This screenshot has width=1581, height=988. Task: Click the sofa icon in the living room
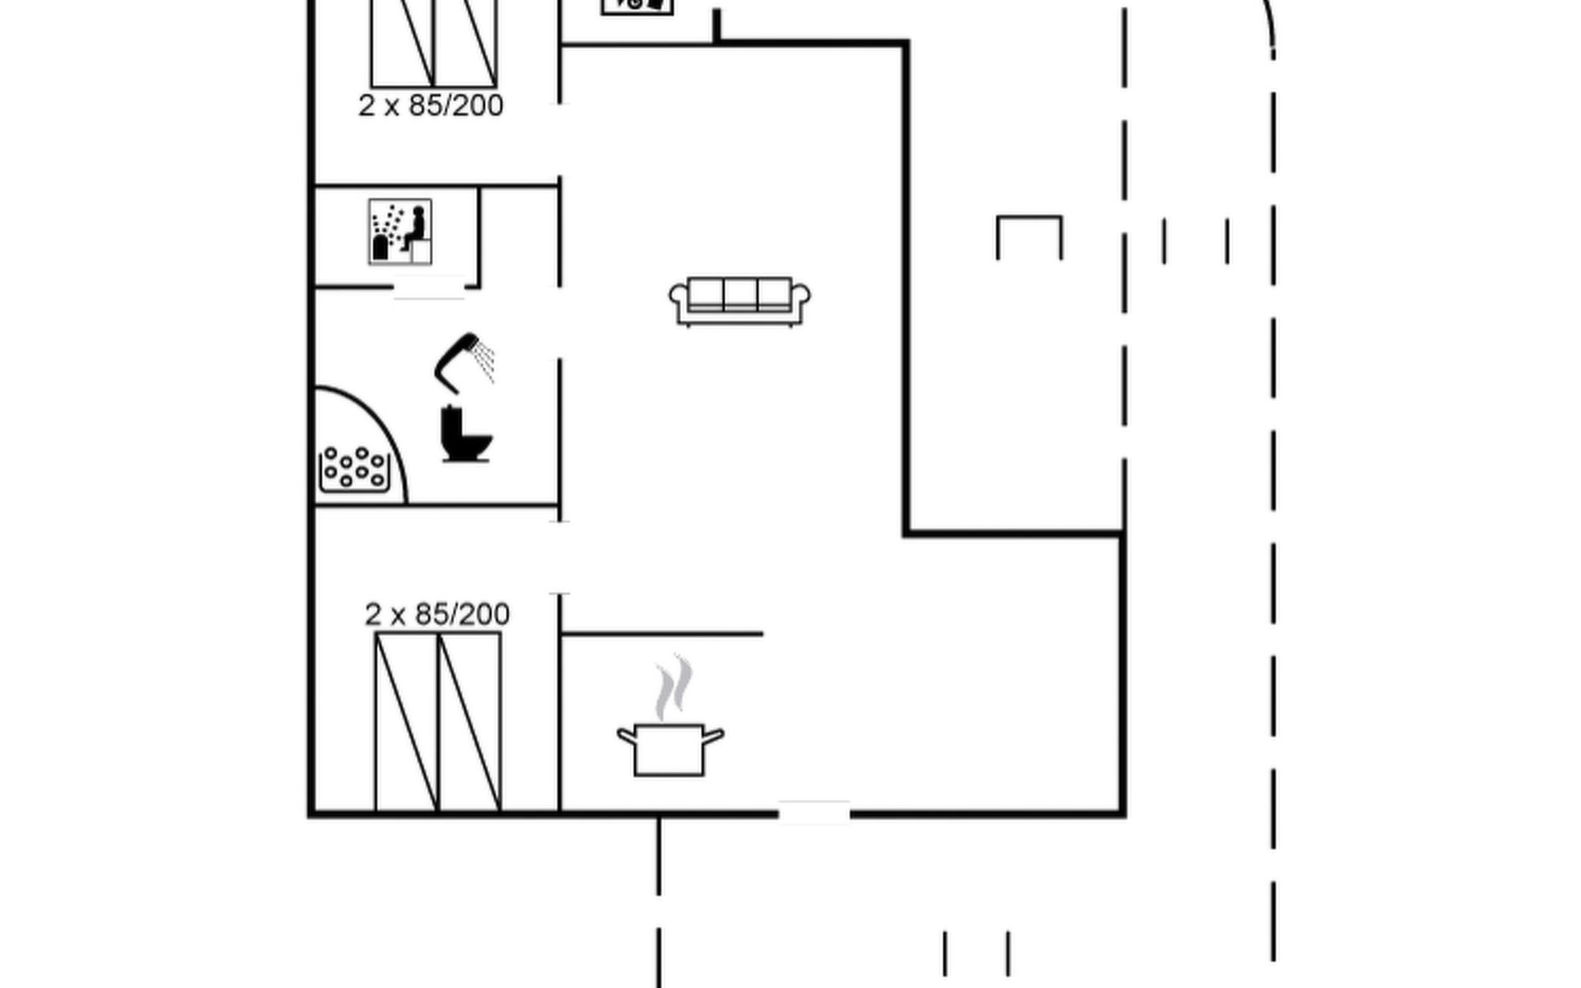tap(739, 301)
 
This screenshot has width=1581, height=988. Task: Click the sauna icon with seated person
tap(400, 232)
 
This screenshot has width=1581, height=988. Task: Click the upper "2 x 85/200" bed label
tap(431, 105)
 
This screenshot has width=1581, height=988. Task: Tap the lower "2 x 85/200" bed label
tap(437, 614)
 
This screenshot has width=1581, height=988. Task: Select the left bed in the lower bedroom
tap(407, 722)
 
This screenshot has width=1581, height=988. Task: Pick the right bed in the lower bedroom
tap(469, 722)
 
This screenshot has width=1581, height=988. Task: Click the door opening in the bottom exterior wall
tap(814, 813)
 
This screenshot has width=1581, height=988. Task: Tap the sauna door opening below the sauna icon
tap(429, 287)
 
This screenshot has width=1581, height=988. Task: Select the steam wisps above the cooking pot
tap(674, 687)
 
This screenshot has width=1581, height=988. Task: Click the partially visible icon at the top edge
tap(637, 7)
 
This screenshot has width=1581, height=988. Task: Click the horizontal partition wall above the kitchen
tap(661, 634)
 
